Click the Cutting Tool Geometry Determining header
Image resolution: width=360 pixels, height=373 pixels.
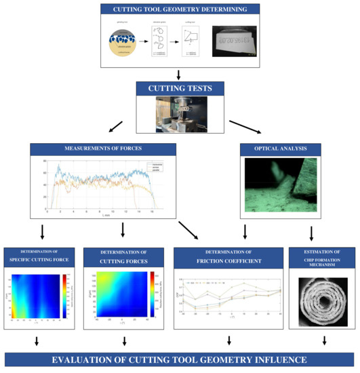click(x=180, y=9)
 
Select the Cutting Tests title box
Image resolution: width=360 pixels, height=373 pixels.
click(x=180, y=88)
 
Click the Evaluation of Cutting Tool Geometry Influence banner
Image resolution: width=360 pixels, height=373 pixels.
click(x=180, y=360)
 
